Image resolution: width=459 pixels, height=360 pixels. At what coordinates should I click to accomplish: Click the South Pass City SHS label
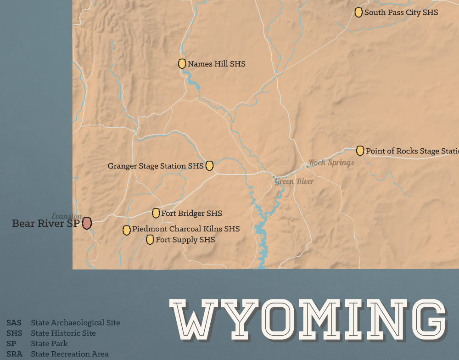tap(401, 13)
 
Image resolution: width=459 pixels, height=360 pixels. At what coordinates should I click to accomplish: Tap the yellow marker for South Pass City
tap(358, 13)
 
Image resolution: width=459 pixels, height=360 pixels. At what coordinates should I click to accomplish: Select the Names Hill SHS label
tap(216, 64)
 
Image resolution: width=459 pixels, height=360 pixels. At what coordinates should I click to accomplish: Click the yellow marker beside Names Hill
tap(182, 64)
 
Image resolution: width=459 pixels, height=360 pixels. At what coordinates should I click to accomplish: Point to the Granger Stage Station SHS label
tap(155, 166)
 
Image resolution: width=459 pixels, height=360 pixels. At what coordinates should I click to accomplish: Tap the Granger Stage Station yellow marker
tap(209, 166)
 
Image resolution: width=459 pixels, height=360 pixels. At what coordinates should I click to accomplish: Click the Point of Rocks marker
tap(360, 151)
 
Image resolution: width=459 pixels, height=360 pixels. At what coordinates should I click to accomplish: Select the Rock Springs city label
tap(331, 163)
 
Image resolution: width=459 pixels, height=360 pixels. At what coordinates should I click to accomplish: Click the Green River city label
tap(294, 181)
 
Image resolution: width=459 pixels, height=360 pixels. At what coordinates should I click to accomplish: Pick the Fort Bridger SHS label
tap(191, 214)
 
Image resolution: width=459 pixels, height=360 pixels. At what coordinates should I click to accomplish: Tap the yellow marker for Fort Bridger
tap(156, 213)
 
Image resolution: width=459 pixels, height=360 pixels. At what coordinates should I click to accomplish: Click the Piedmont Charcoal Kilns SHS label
tap(185, 229)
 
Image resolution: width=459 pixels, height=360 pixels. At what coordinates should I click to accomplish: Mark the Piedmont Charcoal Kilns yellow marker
tap(126, 230)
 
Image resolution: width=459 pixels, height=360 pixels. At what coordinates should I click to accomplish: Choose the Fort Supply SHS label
tap(185, 240)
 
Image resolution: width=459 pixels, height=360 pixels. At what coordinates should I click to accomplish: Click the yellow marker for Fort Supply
tap(150, 240)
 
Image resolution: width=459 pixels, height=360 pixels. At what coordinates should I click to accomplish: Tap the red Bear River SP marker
tap(87, 224)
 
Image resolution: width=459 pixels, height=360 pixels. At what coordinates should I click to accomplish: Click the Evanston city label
tap(67, 216)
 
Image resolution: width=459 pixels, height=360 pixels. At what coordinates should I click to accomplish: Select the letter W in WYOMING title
tap(193, 318)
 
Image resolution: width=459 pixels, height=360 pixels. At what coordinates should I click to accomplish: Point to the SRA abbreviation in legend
tap(14, 354)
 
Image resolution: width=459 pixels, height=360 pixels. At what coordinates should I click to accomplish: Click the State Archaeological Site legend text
tap(75, 323)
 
